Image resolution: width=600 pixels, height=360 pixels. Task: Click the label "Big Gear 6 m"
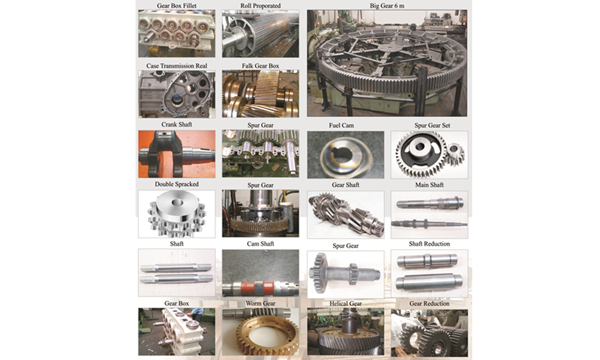coord(387,6)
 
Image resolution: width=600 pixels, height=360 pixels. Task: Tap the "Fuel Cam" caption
coord(341,125)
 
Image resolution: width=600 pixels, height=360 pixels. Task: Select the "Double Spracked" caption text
coord(177,184)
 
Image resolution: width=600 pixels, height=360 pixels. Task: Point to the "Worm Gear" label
coord(260,304)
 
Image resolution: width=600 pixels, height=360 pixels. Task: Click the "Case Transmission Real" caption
coord(177,66)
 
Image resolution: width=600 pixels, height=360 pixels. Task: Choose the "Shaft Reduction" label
coord(430,244)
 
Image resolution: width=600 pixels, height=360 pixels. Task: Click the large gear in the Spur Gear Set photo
coord(421,152)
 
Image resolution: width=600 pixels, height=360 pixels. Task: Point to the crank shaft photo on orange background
coord(177,154)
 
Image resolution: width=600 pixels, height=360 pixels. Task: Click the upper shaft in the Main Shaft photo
coord(430,203)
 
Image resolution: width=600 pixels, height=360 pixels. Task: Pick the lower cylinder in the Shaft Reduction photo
coord(429,283)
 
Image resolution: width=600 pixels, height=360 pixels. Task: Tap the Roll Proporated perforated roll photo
coord(260,34)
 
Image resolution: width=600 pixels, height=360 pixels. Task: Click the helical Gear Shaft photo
coord(346,215)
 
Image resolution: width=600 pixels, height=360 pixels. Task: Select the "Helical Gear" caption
coord(346,304)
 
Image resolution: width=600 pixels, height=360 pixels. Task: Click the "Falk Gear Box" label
coord(260,66)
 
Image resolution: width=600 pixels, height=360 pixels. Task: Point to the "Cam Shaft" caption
coord(260,244)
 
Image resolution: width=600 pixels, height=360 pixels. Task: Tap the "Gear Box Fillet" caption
coord(177,6)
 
